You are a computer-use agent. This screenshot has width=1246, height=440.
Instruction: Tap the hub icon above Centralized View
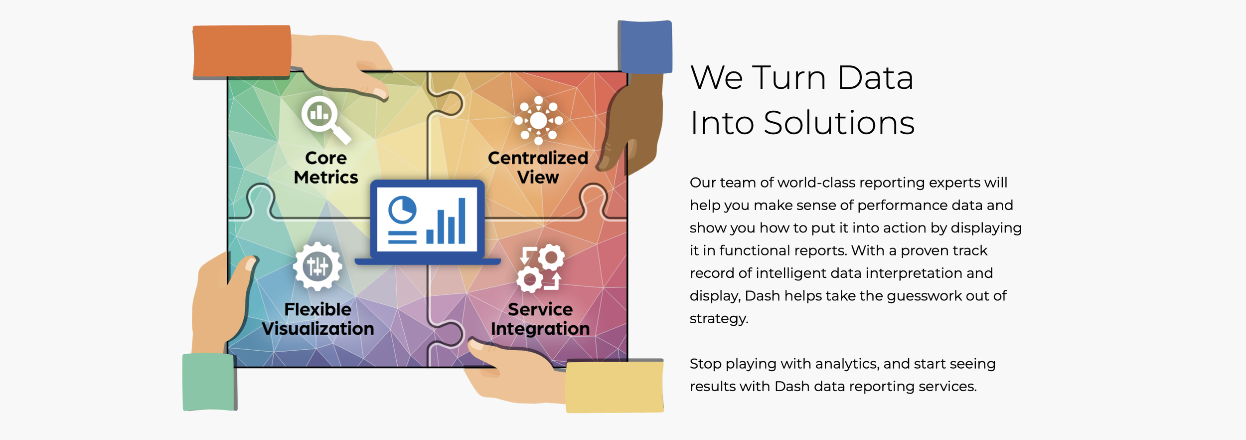click(x=538, y=120)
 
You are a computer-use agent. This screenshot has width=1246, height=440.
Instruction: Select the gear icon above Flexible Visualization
click(x=317, y=266)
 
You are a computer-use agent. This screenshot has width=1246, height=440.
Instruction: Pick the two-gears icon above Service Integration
click(x=540, y=268)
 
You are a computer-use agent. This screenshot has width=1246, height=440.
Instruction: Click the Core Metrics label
click(x=326, y=168)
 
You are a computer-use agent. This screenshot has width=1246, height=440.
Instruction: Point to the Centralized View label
click(x=538, y=168)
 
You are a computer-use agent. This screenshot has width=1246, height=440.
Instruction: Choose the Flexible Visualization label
click(x=318, y=319)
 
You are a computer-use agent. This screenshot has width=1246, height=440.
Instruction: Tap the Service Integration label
click(x=540, y=319)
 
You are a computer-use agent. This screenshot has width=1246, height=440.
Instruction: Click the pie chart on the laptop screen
click(x=402, y=210)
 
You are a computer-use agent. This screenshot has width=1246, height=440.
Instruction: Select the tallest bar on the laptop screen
click(x=462, y=220)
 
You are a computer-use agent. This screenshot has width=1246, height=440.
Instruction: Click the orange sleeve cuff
click(x=242, y=52)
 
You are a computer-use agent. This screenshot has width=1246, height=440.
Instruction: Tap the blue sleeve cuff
click(x=645, y=47)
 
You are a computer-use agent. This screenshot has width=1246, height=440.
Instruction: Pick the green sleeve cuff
click(x=209, y=382)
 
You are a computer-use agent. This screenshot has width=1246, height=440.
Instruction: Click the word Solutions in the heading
click(x=839, y=123)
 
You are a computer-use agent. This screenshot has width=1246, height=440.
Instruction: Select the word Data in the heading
click(x=875, y=78)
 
